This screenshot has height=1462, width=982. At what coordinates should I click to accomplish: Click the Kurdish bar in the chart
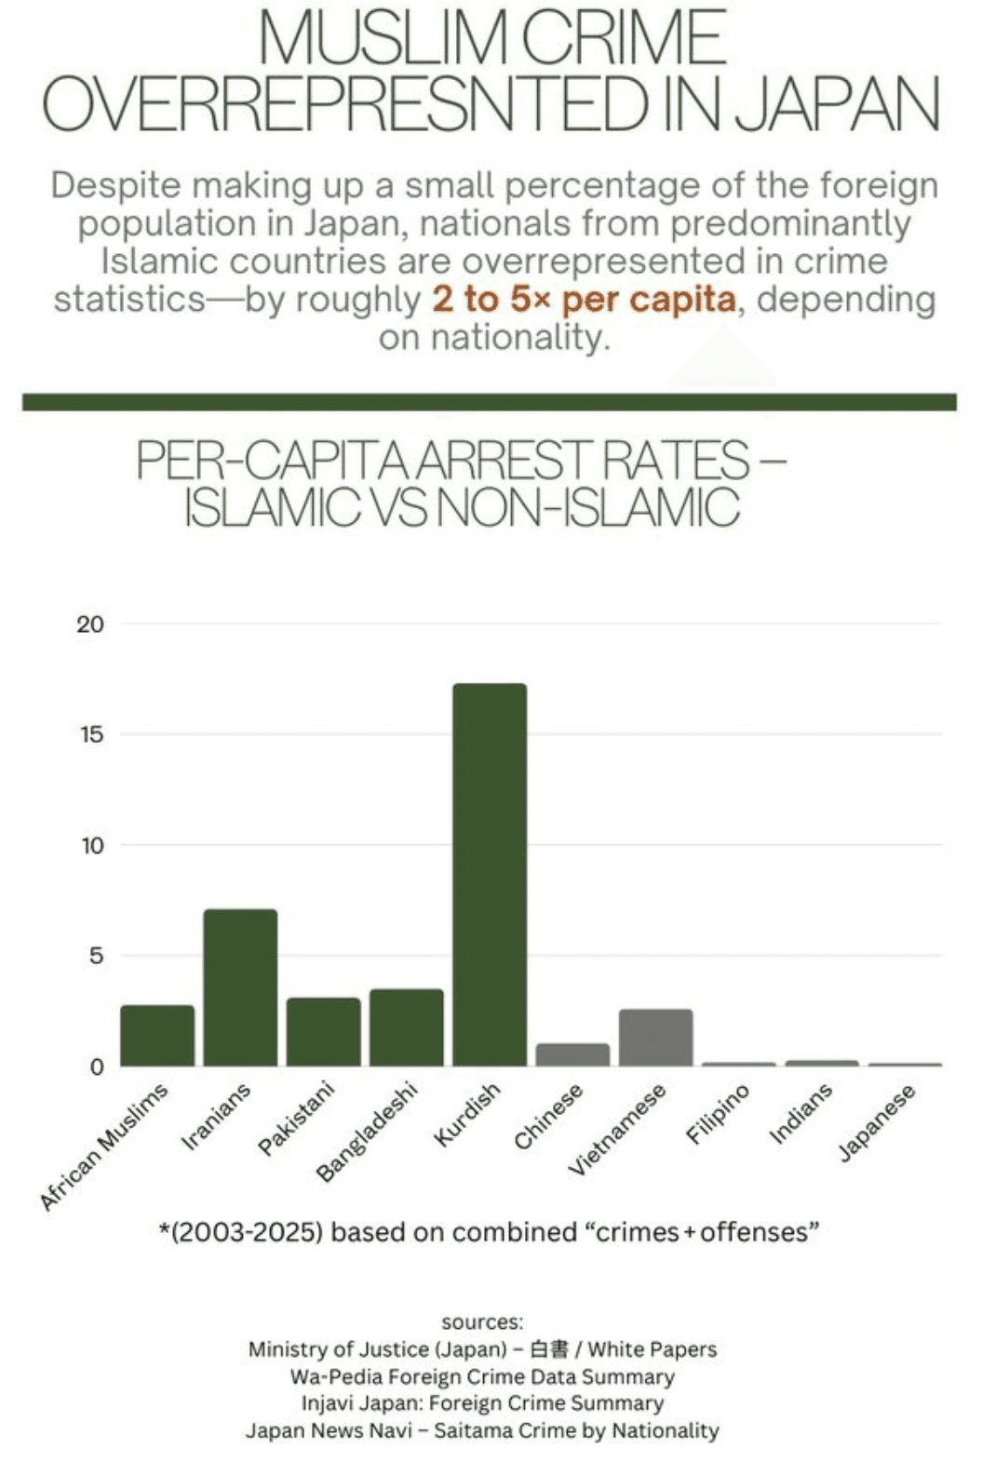(490, 875)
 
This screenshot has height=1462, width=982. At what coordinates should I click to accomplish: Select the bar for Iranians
(240, 987)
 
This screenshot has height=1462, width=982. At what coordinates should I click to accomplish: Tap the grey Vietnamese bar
(655, 1038)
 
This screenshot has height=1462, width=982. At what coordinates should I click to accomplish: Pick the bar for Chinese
(572, 1054)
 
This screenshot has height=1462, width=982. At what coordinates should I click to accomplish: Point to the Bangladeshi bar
(407, 1027)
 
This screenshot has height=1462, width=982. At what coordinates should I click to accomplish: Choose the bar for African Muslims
(157, 1036)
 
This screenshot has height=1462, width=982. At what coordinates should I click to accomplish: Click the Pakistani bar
(323, 1032)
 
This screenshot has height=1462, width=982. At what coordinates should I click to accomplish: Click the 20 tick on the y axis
(90, 624)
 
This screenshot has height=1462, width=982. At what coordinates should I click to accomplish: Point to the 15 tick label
(90, 735)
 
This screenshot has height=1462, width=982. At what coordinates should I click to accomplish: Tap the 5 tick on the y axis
(96, 957)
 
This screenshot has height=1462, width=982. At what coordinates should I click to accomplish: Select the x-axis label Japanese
(877, 1122)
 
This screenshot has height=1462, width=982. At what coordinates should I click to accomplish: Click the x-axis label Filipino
(718, 1115)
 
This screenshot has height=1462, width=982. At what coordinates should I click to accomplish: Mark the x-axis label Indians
(801, 1114)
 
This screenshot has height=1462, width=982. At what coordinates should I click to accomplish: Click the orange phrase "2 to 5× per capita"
(584, 300)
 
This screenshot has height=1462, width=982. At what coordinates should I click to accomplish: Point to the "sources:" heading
(482, 1322)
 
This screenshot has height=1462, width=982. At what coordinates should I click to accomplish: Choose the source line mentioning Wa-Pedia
(482, 1376)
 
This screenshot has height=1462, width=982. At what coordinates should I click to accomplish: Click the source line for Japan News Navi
(482, 1430)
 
